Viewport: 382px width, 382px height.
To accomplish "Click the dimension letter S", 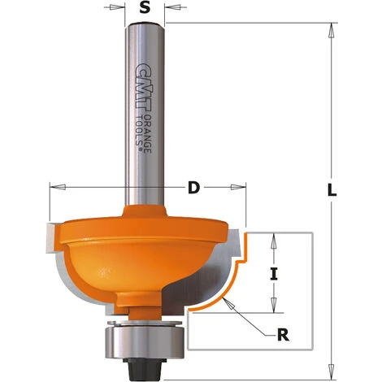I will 145,9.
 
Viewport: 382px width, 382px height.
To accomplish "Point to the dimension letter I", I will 274,274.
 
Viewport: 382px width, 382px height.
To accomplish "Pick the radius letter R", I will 280,332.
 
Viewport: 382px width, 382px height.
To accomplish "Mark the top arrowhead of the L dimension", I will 331,30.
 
